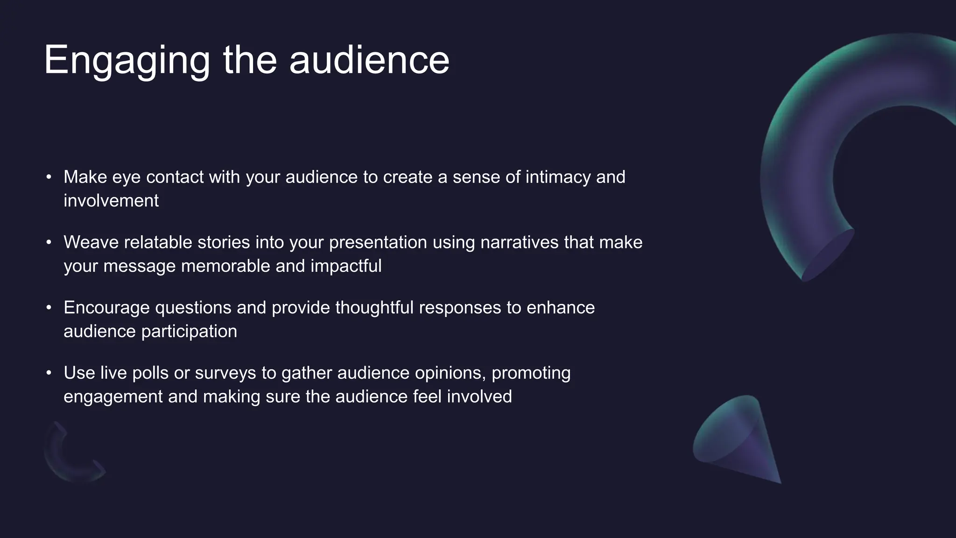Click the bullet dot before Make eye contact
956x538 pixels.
49,177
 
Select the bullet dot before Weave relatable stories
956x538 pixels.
49,242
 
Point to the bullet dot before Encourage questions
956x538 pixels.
49,308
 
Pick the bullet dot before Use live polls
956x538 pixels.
49,373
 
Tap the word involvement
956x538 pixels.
111,201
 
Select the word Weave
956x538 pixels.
91,243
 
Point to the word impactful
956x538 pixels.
346,266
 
